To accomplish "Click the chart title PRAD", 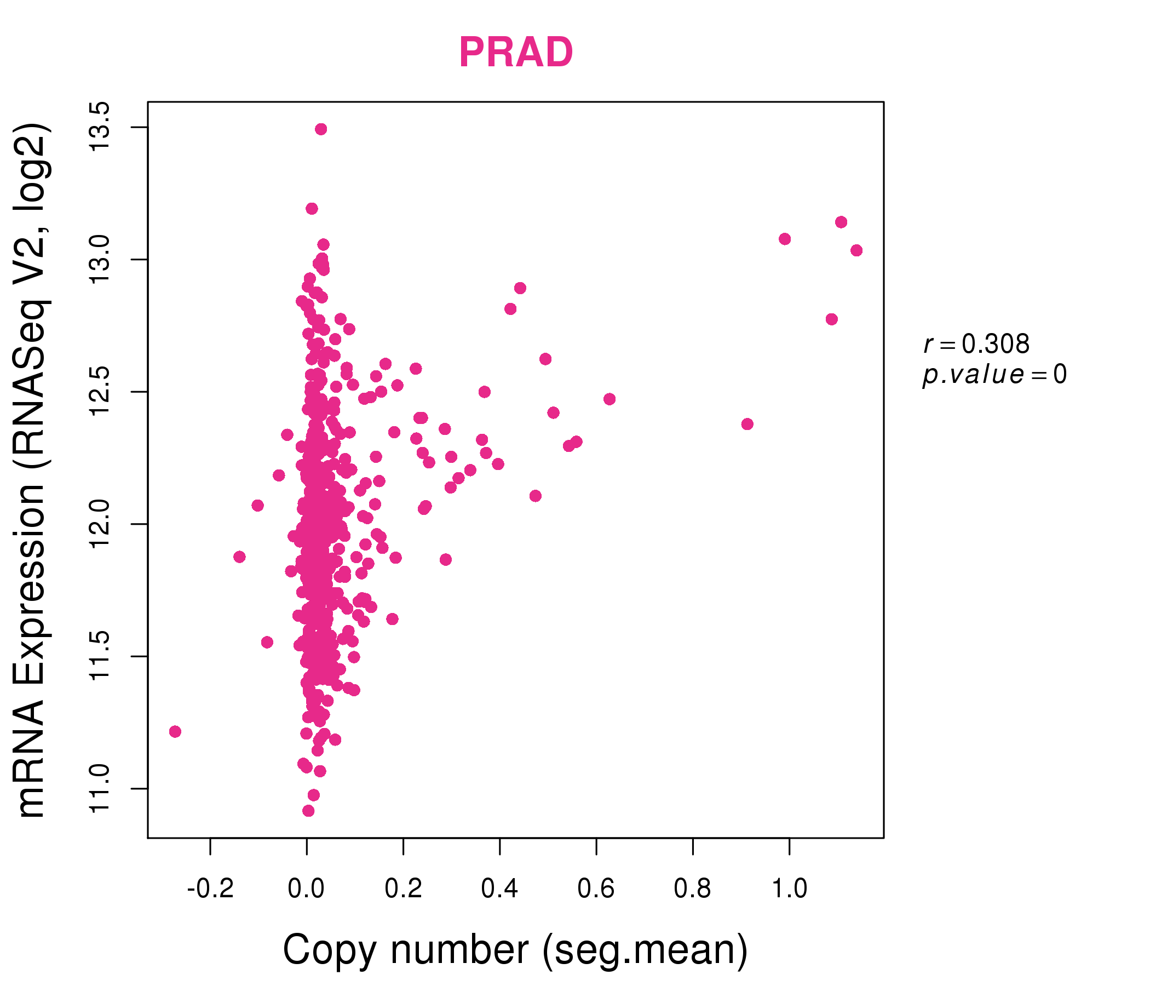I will click(x=516, y=53).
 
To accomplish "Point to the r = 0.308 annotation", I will click(x=976, y=344).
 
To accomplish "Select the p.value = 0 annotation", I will click(x=994, y=375).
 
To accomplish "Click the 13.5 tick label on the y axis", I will click(x=101, y=127).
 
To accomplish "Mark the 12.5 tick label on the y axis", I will click(x=101, y=392).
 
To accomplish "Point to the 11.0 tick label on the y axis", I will click(x=101, y=788).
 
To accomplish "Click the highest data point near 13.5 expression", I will click(x=321, y=129).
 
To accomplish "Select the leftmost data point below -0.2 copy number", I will click(x=175, y=732).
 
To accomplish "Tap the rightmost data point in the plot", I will click(x=856, y=250).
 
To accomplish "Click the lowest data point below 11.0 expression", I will click(x=309, y=811).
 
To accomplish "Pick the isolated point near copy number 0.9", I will click(x=747, y=424).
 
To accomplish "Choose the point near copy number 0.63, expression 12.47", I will click(x=610, y=399).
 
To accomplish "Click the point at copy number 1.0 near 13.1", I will click(x=784, y=239).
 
